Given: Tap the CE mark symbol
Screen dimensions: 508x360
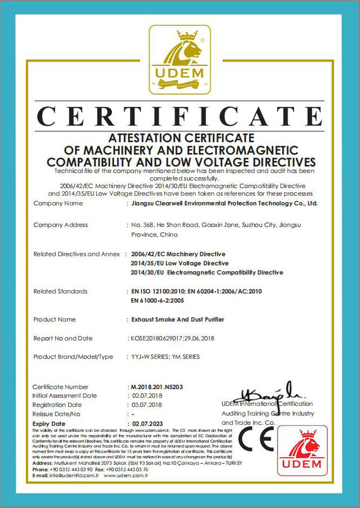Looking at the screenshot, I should [x=255, y=438].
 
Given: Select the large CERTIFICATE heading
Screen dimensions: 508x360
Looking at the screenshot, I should [x=179, y=117].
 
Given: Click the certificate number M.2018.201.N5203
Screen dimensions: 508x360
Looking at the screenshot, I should [x=156, y=387].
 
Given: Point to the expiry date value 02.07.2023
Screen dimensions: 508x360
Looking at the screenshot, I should [x=148, y=423].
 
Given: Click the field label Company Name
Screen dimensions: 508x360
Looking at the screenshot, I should [x=54, y=203].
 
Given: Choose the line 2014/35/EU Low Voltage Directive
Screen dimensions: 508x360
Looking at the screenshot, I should [x=179, y=264].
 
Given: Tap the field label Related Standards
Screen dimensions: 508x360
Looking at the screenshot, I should [x=60, y=291].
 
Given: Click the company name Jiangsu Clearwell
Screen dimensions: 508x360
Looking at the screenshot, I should [x=169, y=203].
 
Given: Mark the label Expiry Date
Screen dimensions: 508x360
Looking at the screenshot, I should [x=49, y=423].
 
